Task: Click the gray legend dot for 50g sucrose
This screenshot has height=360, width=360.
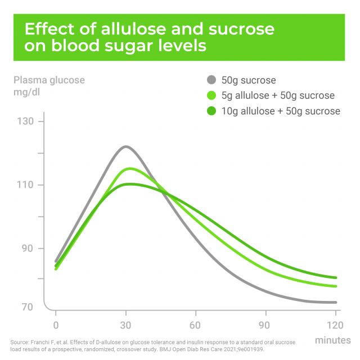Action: point(211,80)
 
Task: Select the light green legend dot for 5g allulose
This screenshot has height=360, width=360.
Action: point(211,95)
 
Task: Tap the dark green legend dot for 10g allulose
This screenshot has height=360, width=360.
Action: point(211,111)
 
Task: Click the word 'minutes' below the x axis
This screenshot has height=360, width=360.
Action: point(333,340)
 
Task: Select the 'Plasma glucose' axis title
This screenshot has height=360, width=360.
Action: point(49,80)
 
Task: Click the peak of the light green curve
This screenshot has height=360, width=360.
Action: point(130,168)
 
